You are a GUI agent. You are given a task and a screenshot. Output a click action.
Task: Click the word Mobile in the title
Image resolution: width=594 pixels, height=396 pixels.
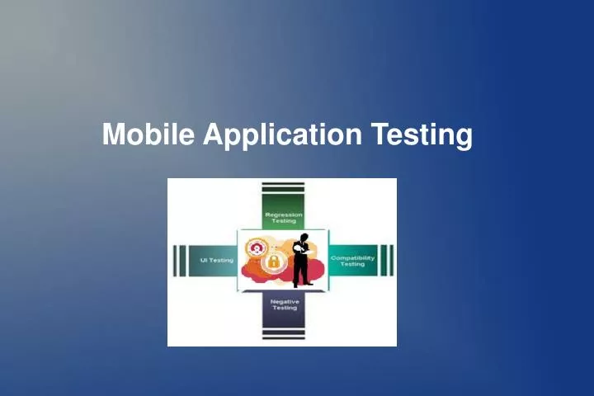(x=148, y=134)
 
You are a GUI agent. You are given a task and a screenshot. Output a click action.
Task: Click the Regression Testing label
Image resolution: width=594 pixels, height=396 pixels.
(x=283, y=217)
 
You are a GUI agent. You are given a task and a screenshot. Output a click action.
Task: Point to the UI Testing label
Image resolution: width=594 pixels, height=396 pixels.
(x=217, y=260)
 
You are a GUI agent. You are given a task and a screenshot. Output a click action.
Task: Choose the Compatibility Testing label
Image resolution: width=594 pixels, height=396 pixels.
(x=352, y=260)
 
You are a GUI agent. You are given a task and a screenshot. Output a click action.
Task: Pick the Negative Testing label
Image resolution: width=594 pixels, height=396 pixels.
(x=284, y=304)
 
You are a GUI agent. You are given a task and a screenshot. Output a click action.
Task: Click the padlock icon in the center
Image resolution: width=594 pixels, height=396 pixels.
(x=273, y=262)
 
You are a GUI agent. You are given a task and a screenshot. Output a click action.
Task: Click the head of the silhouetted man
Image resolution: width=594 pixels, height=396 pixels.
(x=304, y=238)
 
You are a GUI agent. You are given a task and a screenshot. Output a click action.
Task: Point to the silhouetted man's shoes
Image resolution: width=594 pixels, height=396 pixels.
(x=301, y=285)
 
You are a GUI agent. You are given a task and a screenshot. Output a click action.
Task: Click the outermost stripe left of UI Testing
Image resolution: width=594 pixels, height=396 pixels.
(x=174, y=260)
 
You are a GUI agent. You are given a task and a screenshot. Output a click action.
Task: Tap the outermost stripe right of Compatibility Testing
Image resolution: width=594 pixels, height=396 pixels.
(x=391, y=260)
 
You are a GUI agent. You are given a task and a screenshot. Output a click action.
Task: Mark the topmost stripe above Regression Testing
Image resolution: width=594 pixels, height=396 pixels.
(x=283, y=183)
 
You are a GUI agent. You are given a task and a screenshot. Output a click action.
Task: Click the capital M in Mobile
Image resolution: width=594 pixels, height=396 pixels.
(x=113, y=134)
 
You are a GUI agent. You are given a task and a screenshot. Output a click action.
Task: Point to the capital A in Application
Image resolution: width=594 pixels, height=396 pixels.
(x=212, y=134)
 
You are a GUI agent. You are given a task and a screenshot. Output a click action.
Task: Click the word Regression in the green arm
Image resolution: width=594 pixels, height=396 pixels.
(x=283, y=214)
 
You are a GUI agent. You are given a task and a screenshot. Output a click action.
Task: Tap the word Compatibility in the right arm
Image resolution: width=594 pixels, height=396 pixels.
(x=352, y=257)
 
